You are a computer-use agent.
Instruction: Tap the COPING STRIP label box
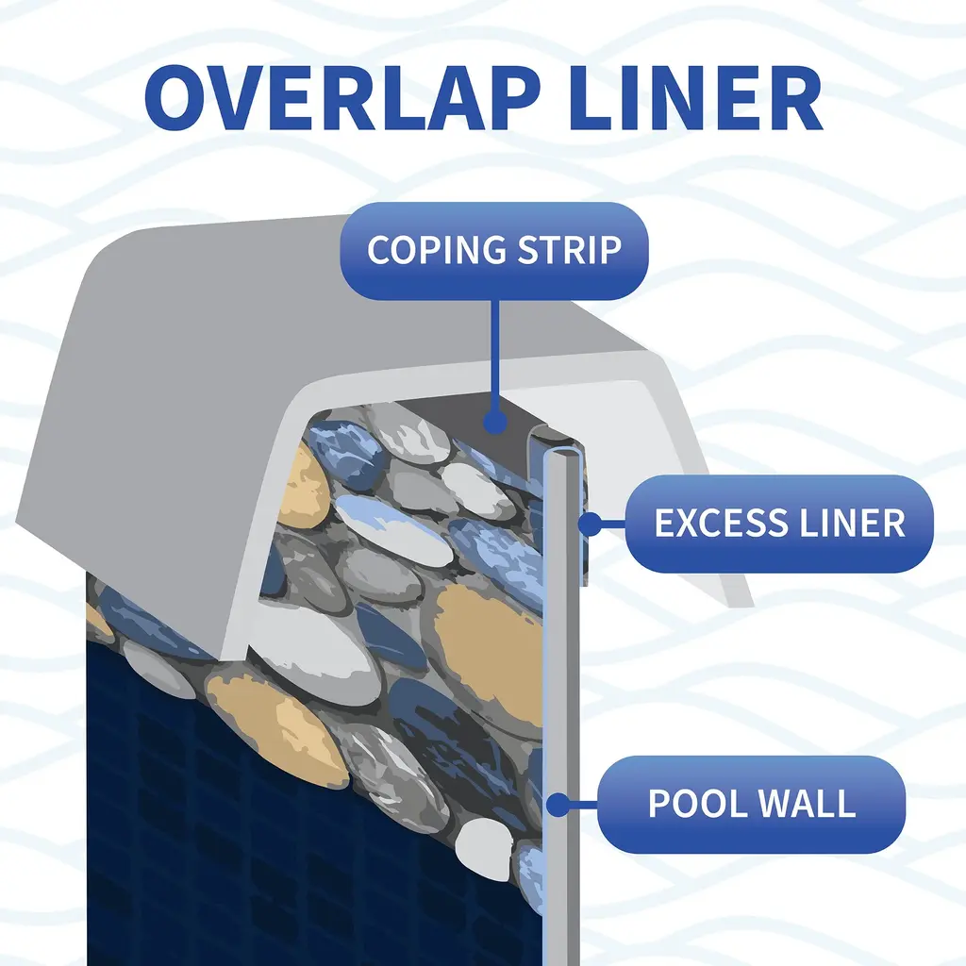click(493, 251)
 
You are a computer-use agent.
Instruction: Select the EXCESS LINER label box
click(779, 524)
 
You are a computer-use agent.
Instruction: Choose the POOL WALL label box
click(751, 804)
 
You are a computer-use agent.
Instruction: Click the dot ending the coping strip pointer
click(493, 423)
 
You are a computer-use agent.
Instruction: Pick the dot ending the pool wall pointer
click(558, 805)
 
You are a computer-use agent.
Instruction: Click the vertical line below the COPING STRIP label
click(493, 358)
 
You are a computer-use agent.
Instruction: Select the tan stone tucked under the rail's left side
click(304, 486)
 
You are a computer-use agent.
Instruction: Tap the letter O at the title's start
click(179, 98)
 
